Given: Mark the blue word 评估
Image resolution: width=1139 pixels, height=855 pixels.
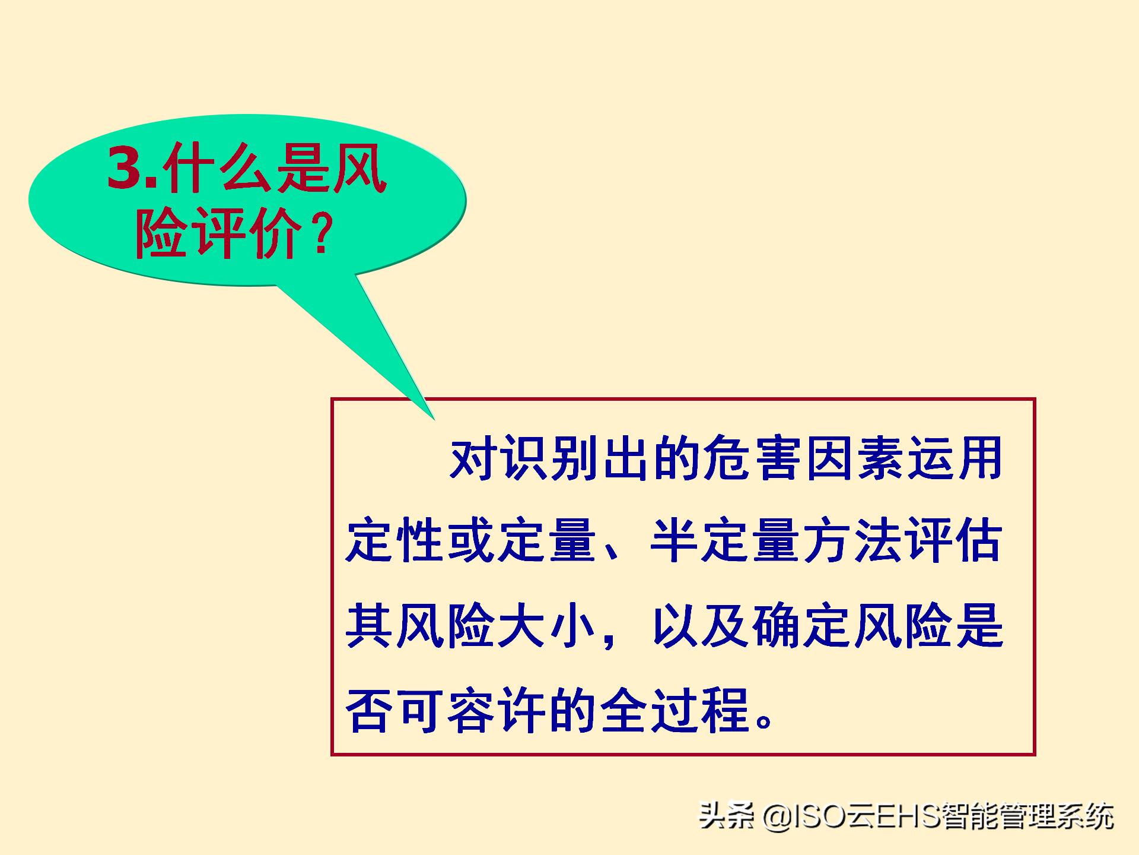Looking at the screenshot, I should [955, 541].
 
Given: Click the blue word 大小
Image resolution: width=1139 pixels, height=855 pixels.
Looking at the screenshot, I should [546, 626].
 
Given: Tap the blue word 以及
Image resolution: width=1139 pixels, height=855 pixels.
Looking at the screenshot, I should [703, 626].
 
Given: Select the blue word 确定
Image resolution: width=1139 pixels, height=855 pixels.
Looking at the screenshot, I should [804, 626].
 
